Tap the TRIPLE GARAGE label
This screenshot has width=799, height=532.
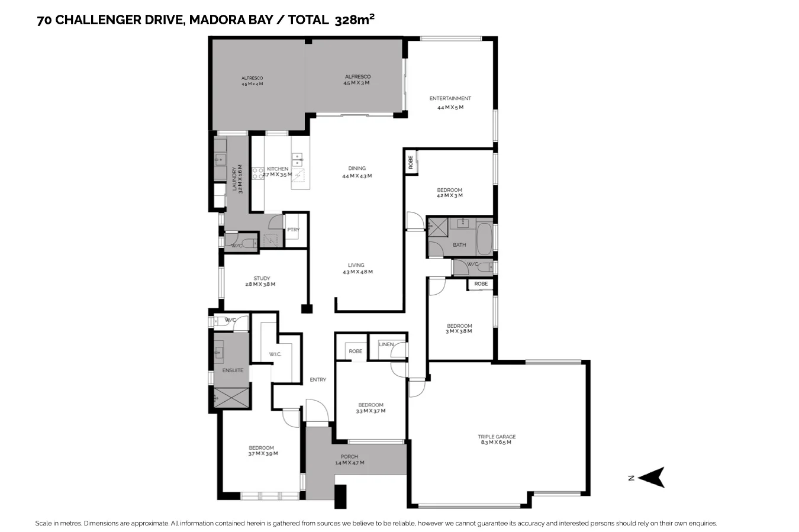coord(497,437)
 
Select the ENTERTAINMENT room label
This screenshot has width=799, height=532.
coord(450,98)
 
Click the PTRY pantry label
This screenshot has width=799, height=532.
coord(293,230)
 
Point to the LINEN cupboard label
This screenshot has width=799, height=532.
coord(386,344)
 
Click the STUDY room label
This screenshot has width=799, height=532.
coord(262,278)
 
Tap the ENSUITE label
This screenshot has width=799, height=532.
coord(233,370)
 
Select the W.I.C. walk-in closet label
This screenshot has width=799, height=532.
coord(275,354)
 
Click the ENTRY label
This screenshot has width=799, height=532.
coord(318,380)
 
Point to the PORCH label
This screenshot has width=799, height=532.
coord(349,456)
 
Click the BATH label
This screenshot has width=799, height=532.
coord(459,244)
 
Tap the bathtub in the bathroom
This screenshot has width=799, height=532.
coord(484,238)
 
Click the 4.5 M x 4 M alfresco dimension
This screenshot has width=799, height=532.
coord(252,84)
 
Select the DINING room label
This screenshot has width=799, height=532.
coord(357,168)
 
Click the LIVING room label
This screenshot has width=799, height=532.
coord(356,265)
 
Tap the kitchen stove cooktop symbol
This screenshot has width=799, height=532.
coord(258,173)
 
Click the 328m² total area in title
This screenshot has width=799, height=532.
coord(355,20)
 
